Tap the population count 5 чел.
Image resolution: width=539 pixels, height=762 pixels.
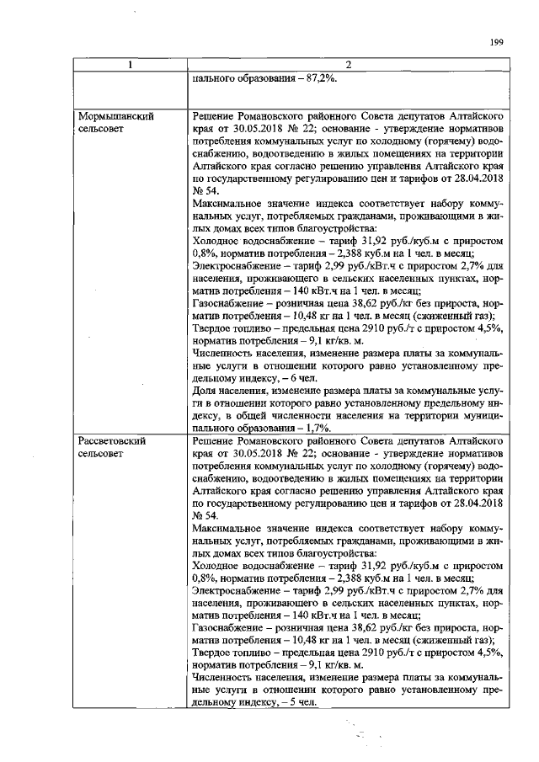pos(300,706)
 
